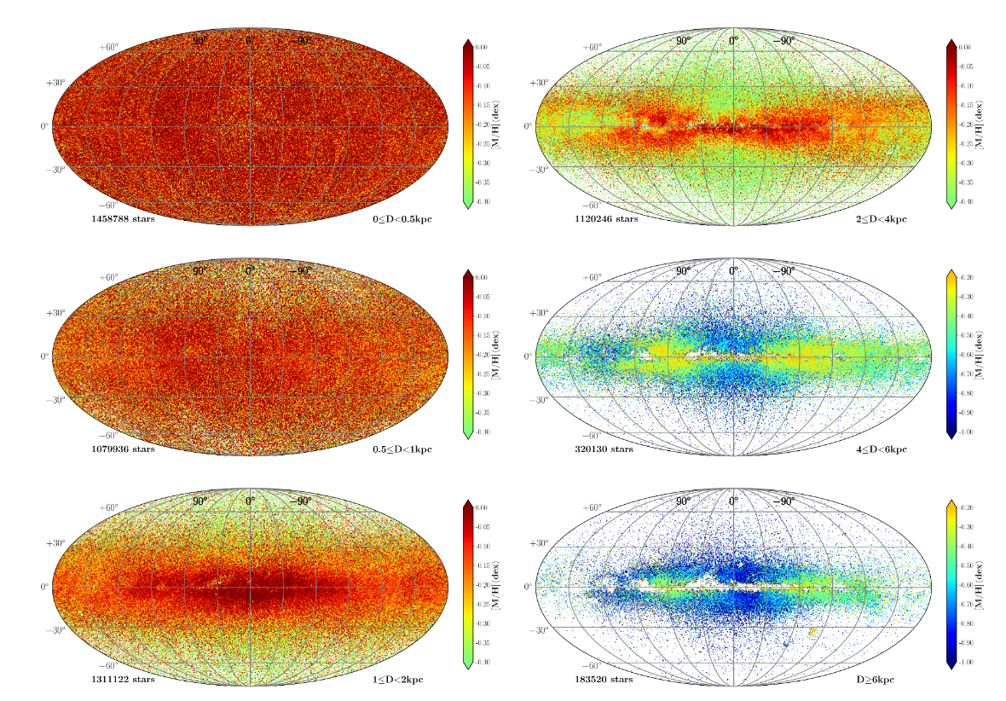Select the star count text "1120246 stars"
click(x=606, y=219)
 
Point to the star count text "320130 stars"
click(x=604, y=449)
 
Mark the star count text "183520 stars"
click(x=604, y=679)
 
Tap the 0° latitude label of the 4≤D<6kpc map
click(x=529, y=356)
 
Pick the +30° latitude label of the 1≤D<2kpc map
click(x=56, y=542)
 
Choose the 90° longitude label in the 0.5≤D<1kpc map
click(x=199, y=271)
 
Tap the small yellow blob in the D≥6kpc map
click(x=812, y=632)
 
